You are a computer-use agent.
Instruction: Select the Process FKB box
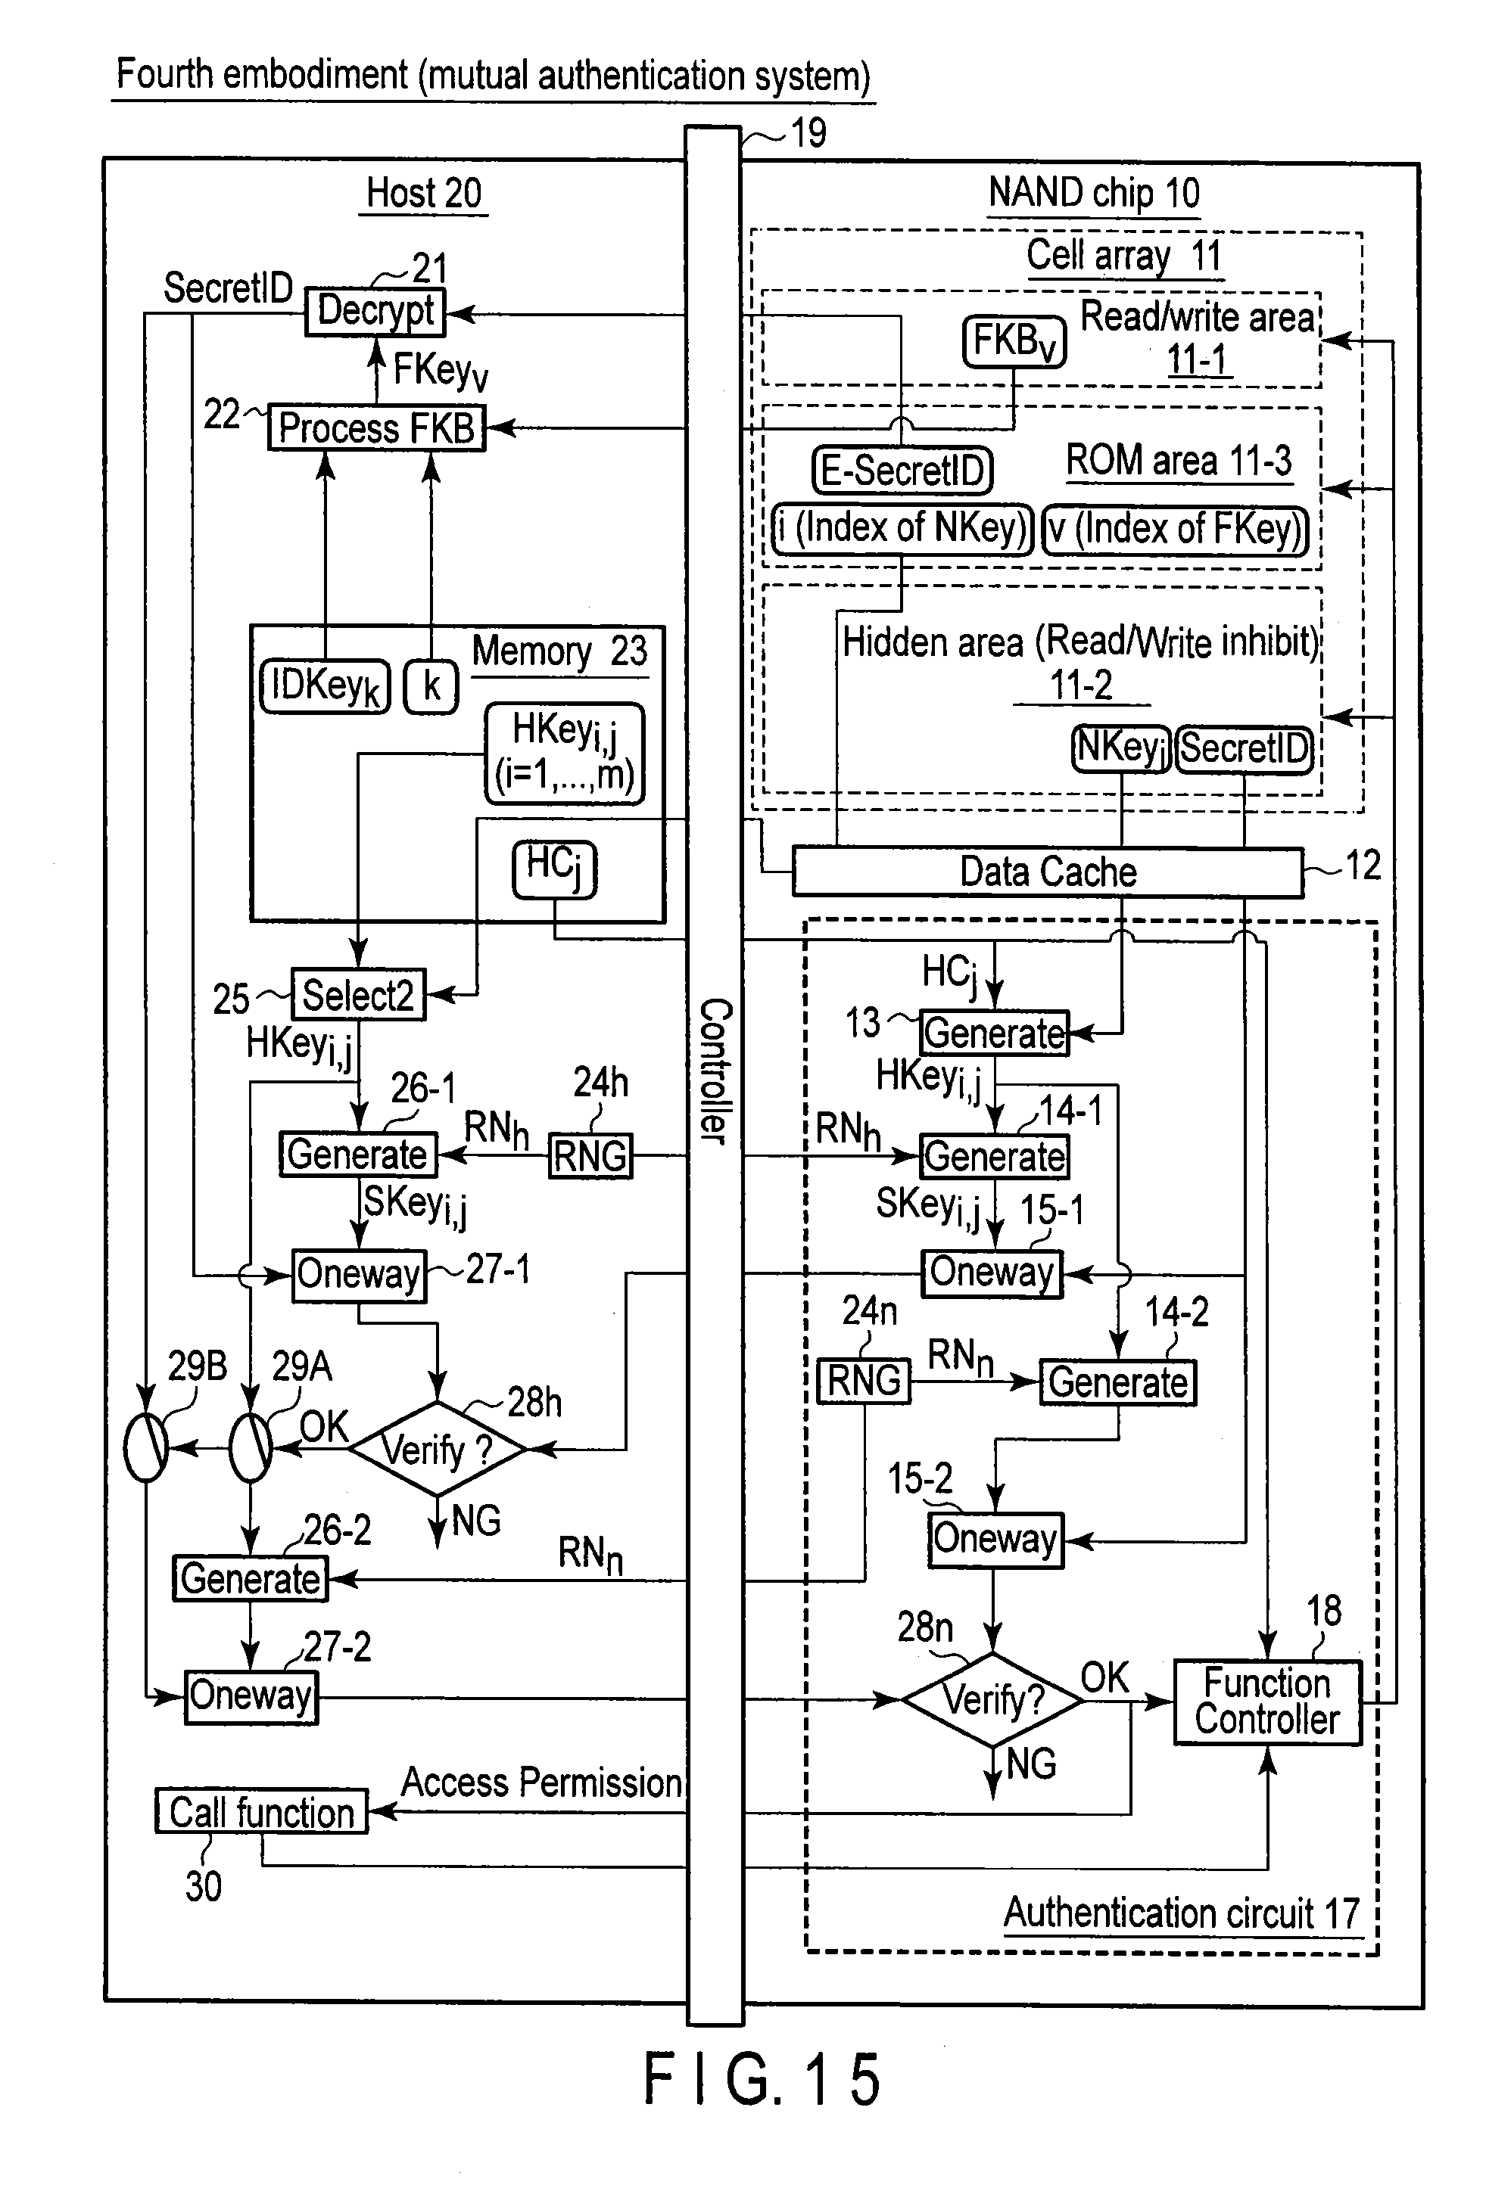(376, 429)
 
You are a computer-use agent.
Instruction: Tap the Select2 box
(357, 995)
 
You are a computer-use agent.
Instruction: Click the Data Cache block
(1047, 872)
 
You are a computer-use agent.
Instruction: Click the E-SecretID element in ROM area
(902, 470)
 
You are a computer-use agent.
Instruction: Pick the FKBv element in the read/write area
(1014, 341)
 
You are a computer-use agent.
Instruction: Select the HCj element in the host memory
(554, 869)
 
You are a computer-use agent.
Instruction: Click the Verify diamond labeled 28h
(438, 1449)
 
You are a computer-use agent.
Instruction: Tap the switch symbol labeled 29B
(146, 1447)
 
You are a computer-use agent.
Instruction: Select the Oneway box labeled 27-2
(250, 1697)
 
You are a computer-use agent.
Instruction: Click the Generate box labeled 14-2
(1117, 1383)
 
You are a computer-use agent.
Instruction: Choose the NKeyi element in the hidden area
(1120, 748)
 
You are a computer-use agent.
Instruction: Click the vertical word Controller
(715, 1072)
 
